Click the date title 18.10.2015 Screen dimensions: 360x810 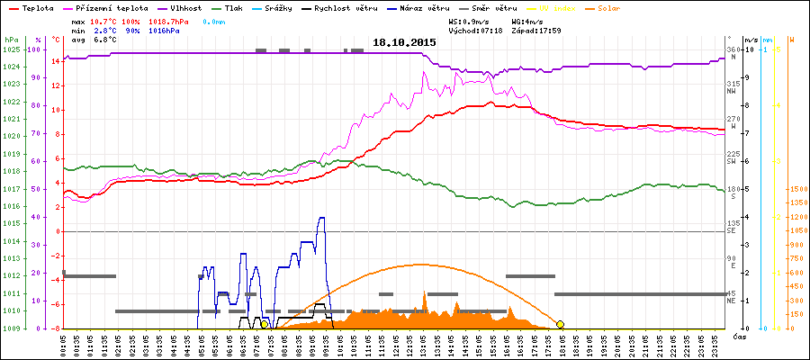[404, 42]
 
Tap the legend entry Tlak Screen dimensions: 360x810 [238, 7]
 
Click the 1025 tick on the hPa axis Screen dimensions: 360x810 [10, 49]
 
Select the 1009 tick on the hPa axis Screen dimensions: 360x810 [10, 328]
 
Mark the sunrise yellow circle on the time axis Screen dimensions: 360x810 [264, 324]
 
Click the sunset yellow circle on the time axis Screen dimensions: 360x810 [560, 324]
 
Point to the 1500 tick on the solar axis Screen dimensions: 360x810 [797, 190]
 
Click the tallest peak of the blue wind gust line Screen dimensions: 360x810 [321, 218]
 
